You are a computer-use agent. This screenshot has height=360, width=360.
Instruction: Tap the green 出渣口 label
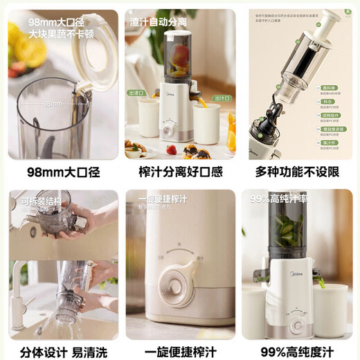click(x=136, y=93)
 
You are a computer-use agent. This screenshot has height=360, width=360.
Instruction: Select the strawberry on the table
click(x=171, y=150)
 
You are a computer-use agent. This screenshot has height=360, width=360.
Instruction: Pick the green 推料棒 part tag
click(x=329, y=88)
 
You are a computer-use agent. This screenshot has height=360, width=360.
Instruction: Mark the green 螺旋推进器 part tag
click(x=328, y=129)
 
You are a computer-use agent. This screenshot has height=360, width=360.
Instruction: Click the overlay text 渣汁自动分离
click(x=159, y=22)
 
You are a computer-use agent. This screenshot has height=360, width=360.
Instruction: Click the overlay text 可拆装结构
click(x=39, y=201)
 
